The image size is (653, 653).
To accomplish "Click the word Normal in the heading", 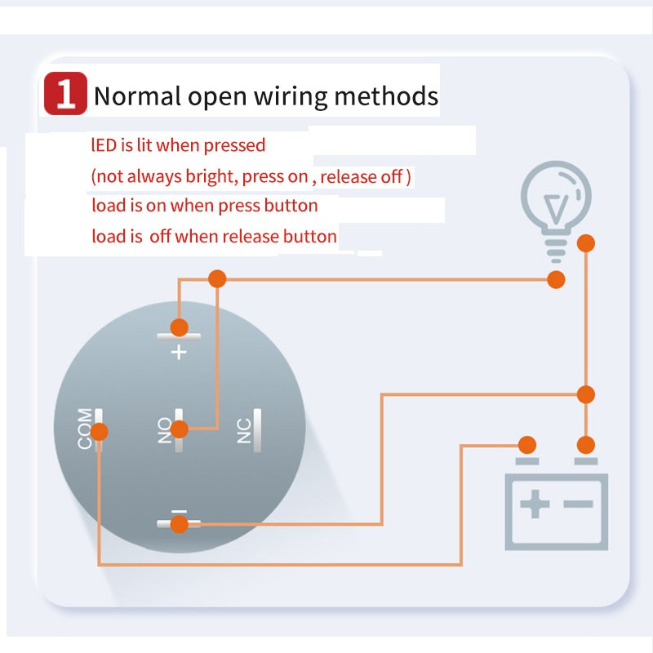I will (137, 96).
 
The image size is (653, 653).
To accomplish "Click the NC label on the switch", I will (244, 429).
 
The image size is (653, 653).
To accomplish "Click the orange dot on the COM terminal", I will (101, 431).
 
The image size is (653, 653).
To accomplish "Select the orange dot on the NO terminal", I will (180, 429).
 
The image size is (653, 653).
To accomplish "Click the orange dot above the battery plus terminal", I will (527, 445).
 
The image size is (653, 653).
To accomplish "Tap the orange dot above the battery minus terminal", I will (585, 445).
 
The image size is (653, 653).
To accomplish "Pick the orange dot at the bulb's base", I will (556, 279).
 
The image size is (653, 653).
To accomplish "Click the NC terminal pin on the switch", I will (257, 429).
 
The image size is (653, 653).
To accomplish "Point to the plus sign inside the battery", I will (535, 504).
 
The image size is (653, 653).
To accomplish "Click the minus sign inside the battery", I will (578, 504).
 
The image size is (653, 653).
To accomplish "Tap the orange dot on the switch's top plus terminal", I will (179, 327).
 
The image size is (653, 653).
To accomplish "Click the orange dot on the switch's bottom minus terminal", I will (178, 523).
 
